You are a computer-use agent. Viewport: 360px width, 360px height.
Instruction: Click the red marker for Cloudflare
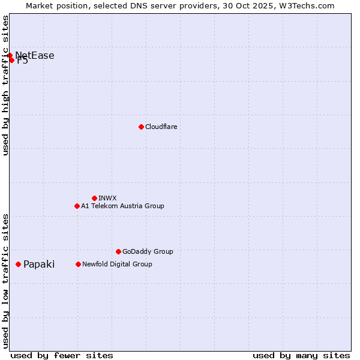coord(141,127)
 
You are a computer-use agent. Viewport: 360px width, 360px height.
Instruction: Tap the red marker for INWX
coord(94,198)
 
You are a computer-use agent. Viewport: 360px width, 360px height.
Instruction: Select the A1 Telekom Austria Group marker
coord(77,206)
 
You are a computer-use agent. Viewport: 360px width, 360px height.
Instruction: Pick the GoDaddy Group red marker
coord(118,251)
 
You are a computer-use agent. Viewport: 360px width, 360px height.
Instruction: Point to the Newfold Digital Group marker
coord(78,264)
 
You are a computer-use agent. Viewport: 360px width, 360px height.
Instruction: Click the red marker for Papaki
coord(18,264)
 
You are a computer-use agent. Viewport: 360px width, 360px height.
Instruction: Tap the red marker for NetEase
coord(10,56)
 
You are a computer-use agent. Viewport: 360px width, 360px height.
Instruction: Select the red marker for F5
coord(11,60)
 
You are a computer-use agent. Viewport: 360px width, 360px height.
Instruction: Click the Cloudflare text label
coord(161,127)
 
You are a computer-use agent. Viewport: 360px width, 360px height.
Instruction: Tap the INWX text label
coord(107,198)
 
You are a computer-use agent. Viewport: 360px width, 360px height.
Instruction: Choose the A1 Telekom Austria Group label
coord(122,206)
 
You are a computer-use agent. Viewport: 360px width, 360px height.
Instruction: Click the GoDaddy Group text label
coord(148,251)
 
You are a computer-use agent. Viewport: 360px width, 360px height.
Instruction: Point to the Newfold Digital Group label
coord(117,264)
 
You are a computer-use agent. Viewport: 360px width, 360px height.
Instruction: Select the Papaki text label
coord(39,264)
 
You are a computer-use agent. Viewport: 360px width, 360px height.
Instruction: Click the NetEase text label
coord(35,56)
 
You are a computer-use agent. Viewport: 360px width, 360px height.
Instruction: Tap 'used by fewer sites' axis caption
coord(62,355)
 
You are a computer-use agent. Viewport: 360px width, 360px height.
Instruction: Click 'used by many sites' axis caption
coord(301,355)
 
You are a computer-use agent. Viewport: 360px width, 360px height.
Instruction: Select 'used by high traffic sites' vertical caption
coord(6,85)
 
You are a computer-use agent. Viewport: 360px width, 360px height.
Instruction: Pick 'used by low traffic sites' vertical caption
coord(6,280)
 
